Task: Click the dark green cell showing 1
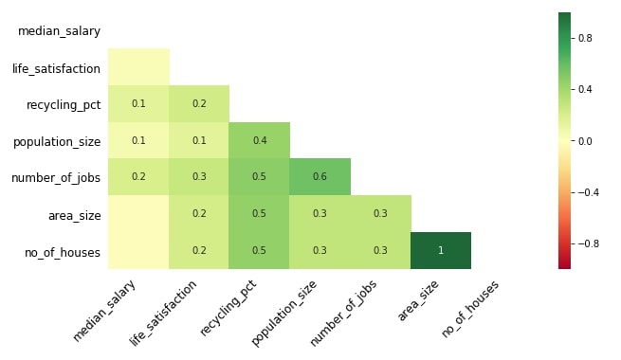coord(441,250)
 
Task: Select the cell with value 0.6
coord(320,176)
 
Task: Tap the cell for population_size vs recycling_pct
coord(260,140)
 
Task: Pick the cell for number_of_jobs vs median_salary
coord(138,176)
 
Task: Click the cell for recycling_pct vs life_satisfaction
coord(199,103)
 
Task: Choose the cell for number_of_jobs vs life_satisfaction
coord(199,176)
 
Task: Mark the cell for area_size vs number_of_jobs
coord(380,213)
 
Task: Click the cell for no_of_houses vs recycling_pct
coord(260,250)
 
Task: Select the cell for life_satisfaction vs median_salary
coord(138,67)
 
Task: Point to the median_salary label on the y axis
coord(59,31)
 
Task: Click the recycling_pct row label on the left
coord(64,104)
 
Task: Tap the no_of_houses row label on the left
coord(63,251)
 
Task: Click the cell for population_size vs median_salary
coord(138,140)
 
